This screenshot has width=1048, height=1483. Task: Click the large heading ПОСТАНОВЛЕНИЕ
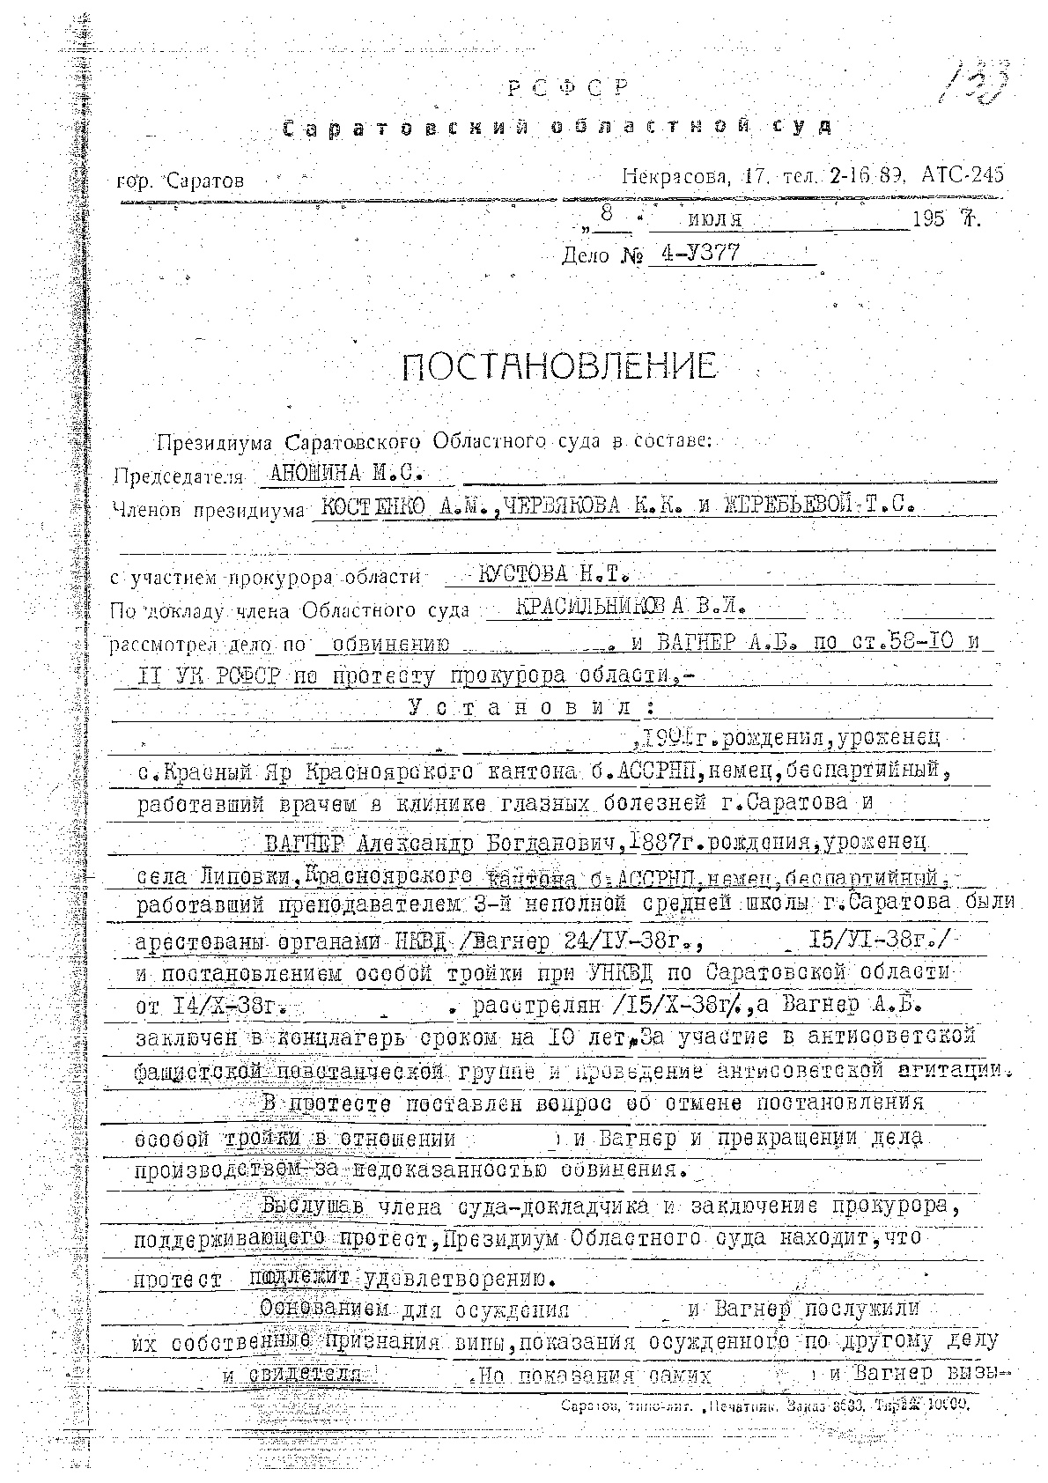click(559, 365)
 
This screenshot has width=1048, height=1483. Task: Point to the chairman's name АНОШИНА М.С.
click(347, 473)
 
